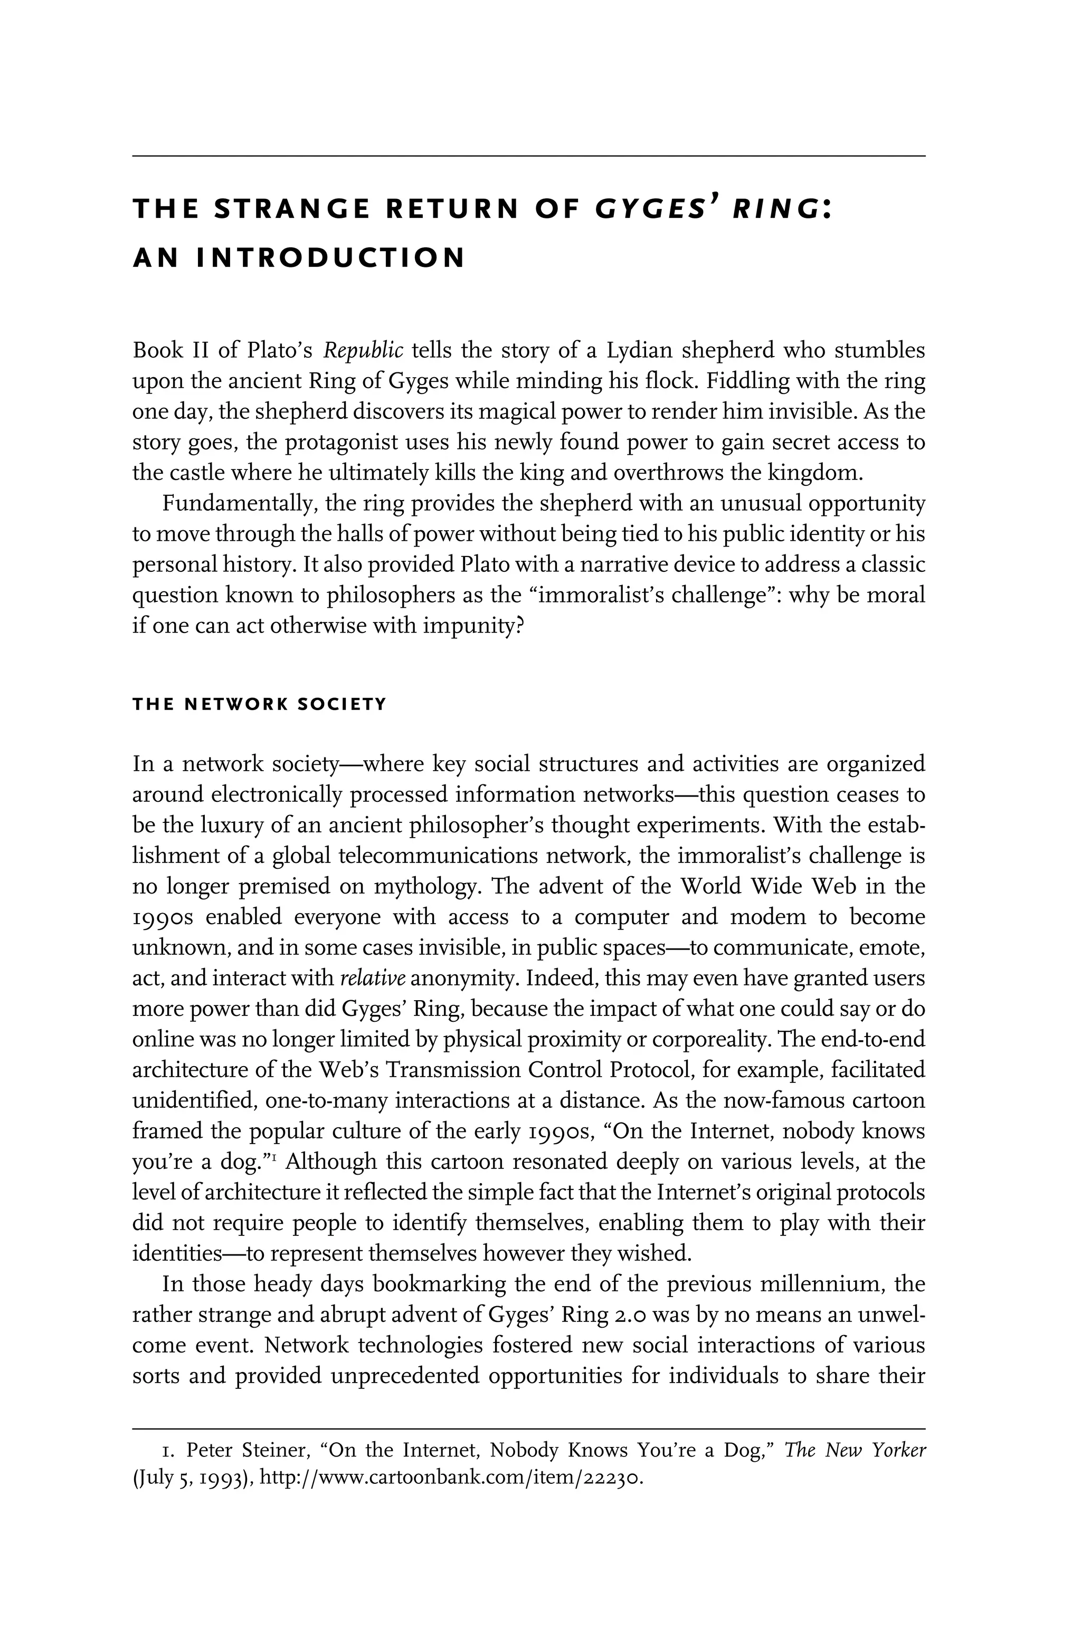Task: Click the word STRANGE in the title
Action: click(x=292, y=209)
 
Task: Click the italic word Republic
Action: click(x=363, y=351)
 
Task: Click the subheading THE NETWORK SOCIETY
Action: click(x=259, y=705)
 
